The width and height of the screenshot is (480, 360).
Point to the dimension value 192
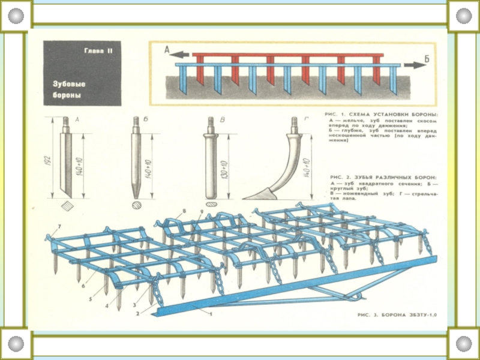click(x=48, y=161)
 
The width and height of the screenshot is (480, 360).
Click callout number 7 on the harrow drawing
click(x=59, y=227)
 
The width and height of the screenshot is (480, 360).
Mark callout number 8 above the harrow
click(x=184, y=211)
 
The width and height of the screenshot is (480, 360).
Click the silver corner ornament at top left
click(x=16, y=16)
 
